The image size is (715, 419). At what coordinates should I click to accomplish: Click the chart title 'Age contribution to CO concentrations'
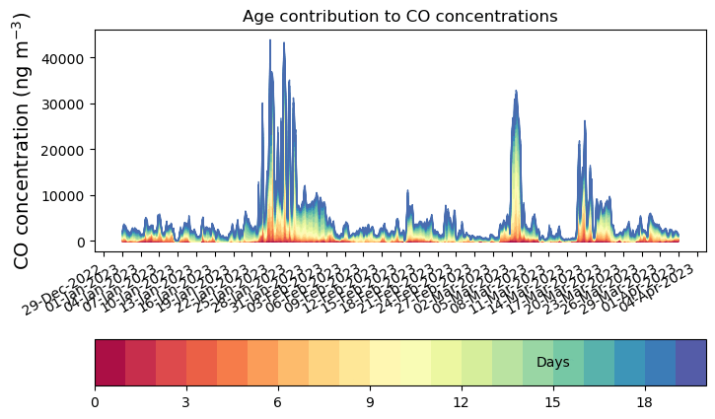click(399, 16)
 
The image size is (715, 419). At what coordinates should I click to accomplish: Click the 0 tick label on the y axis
click(84, 242)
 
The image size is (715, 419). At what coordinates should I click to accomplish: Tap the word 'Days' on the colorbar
click(553, 363)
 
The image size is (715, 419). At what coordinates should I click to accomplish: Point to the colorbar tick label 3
click(186, 402)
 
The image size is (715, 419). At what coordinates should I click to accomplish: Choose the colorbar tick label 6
click(278, 402)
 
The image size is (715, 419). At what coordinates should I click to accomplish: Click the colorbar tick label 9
click(370, 402)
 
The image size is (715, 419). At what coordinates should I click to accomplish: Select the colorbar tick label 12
click(462, 402)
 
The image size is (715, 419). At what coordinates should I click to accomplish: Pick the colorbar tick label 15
click(553, 402)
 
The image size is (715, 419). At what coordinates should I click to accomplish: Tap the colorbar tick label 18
click(645, 402)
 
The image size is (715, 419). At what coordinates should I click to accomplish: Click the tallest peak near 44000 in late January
click(270, 69)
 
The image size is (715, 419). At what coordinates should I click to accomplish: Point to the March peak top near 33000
click(516, 92)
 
